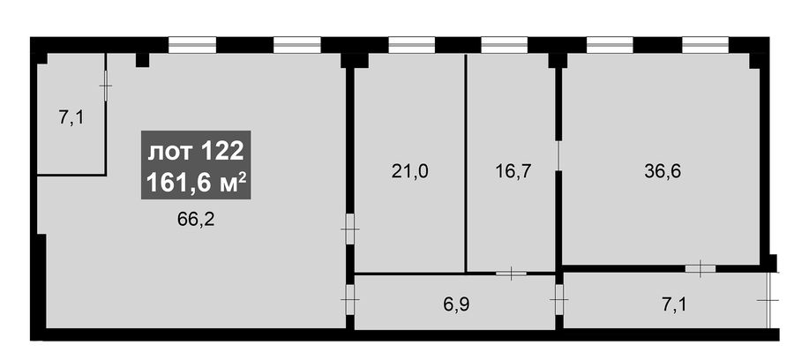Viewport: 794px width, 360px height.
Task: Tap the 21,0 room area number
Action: [409, 172]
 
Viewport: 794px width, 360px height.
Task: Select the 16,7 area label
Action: [513, 172]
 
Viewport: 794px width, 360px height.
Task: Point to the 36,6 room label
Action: [663, 172]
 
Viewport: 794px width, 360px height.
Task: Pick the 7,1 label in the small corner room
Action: [71, 118]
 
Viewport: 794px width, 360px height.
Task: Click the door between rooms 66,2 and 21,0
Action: [350, 229]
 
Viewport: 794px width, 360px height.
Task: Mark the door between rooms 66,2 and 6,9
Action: [350, 299]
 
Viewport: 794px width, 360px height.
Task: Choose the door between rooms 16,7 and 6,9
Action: [511, 274]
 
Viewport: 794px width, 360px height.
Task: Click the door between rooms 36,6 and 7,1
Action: [700, 268]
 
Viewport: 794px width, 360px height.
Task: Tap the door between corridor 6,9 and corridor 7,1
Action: [559, 299]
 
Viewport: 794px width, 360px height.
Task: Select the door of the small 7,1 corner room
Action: [105, 86]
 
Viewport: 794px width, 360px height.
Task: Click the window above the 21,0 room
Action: [412, 45]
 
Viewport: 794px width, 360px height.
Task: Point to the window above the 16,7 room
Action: [504, 45]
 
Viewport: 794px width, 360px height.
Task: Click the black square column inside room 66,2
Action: [143, 60]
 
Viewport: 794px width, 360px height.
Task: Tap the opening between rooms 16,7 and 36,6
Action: [558, 156]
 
